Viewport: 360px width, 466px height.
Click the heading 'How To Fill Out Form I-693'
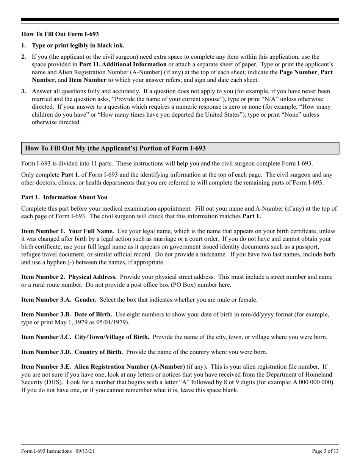click(x=60, y=34)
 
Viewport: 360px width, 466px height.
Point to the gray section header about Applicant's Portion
click(x=180, y=148)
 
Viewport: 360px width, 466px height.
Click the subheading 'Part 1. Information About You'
click(x=64, y=197)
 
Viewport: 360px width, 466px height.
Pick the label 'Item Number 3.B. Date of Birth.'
click(x=66, y=314)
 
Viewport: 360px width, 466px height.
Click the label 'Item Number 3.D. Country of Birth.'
click(x=72, y=352)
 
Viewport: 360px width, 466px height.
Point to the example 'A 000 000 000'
click(x=313, y=382)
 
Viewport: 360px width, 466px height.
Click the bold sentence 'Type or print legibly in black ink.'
click(x=78, y=45)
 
